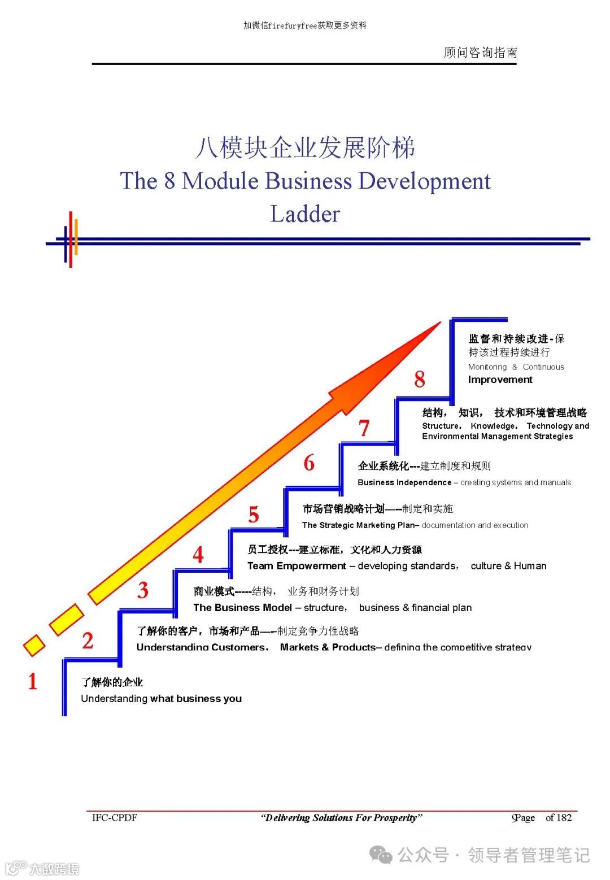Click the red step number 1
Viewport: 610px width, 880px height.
(33, 682)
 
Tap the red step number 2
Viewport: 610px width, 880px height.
(88, 641)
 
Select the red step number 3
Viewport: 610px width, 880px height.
(143, 590)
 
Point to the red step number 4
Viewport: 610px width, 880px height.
(198, 555)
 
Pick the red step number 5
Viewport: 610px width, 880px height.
(254, 515)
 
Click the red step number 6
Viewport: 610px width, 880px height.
(309, 463)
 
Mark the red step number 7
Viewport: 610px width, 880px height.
(364, 428)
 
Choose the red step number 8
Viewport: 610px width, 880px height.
(419, 379)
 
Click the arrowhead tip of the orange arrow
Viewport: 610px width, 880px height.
(439, 323)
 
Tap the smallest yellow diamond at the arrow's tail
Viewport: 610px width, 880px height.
(34, 645)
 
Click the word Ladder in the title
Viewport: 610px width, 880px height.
(305, 214)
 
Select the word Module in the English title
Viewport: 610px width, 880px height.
(220, 181)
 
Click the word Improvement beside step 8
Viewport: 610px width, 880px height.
(500, 380)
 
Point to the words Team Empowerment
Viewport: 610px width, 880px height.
(297, 566)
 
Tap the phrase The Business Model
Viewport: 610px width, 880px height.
(242, 608)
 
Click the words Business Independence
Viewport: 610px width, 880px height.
(404, 482)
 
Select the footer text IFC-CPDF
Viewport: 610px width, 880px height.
(115, 817)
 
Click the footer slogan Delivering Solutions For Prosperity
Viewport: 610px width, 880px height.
(341, 817)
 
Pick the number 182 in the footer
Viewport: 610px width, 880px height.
(564, 817)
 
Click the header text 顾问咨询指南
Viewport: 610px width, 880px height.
(480, 53)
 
